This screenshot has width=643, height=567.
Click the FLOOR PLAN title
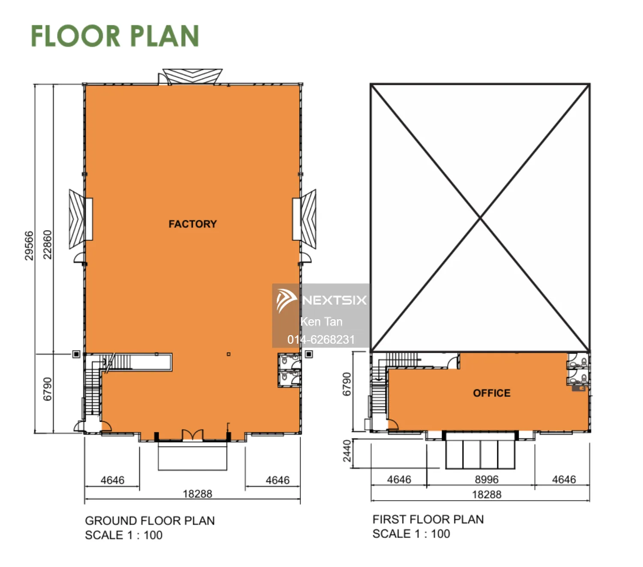coord(115,36)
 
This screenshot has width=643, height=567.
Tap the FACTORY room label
coord(192,224)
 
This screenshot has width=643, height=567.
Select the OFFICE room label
coord(492,393)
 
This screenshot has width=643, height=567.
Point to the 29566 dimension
coord(29,246)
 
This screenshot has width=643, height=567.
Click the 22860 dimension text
coord(47,245)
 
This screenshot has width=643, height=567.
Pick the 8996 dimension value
coord(487,480)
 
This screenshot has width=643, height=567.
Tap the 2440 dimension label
coord(347,450)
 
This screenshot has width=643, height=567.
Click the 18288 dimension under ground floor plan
coord(198,494)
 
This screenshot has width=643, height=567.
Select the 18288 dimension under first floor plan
coord(487,494)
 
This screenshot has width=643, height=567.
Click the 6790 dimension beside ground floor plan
coord(47,389)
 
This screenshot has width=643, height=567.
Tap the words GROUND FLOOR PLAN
coord(150,521)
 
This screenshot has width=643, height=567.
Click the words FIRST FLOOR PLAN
coord(428,519)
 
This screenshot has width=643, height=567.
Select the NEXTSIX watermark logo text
coord(334,300)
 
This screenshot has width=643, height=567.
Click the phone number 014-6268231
coord(321,339)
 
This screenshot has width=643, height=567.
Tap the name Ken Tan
coord(321,322)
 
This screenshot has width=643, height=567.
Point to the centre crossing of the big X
coord(480,218)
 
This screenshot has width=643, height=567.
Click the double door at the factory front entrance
coord(192,435)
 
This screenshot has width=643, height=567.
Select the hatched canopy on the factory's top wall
coord(192,76)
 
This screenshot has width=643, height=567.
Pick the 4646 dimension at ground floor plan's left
coord(112,480)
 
